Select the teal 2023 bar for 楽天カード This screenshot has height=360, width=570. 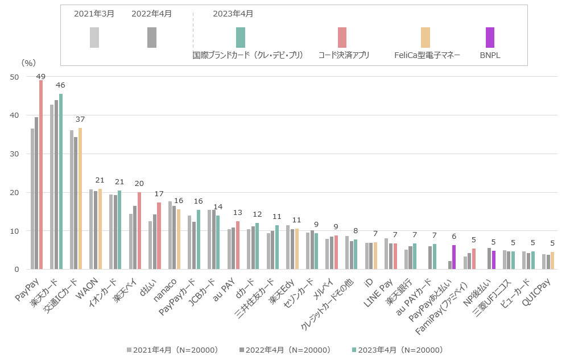click(61, 181)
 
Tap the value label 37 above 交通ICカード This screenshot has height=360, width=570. click(80, 119)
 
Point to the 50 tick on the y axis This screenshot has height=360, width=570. click(14, 77)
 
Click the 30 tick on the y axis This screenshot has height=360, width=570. click(14, 154)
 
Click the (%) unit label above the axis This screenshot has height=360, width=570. click(28, 63)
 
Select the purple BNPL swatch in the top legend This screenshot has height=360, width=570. click(490, 38)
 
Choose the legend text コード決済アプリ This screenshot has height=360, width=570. click(344, 55)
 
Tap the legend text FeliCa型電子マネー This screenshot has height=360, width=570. click(427, 55)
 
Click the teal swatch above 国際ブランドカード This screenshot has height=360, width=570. click(241, 38)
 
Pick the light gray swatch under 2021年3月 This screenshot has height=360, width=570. click(94, 38)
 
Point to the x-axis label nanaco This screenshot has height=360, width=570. click(166, 284)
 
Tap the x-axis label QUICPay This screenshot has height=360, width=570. click(541, 287)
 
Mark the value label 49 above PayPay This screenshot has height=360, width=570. click(41, 76)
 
